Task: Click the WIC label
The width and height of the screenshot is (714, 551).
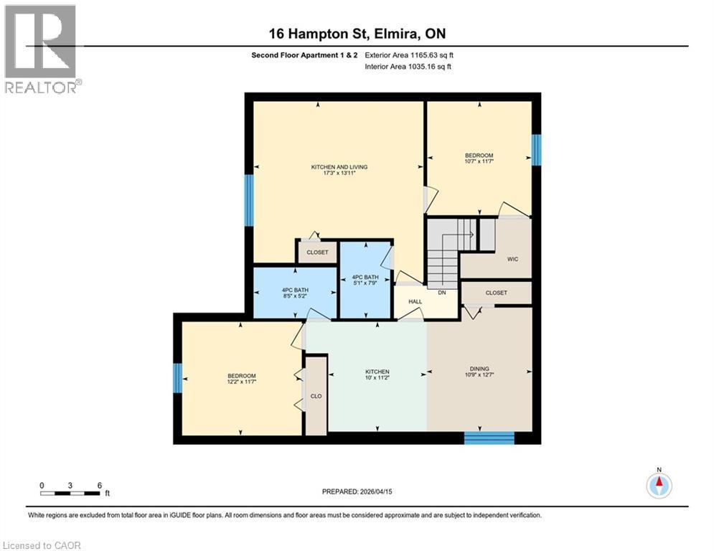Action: point(512,258)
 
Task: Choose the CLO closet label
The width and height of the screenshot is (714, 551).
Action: point(316,395)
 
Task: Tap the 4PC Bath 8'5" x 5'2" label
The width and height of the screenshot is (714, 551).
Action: point(295,293)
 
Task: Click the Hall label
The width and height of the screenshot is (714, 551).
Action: point(415,302)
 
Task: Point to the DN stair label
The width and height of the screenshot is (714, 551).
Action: point(443,293)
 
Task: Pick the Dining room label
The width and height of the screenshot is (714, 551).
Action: point(479,371)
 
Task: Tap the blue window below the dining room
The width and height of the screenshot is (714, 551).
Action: point(489,438)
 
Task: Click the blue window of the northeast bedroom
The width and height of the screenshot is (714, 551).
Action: point(535,150)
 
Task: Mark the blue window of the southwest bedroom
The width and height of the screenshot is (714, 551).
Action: point(177,378)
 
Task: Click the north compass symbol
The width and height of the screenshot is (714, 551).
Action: point(658,485)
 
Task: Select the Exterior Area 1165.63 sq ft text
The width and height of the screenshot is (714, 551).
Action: point(409,55)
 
